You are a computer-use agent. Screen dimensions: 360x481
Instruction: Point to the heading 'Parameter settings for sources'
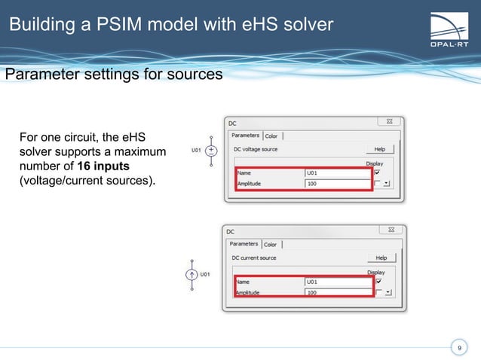(x=114, y=75)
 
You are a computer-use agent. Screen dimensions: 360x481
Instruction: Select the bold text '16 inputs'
(x=103, y=166)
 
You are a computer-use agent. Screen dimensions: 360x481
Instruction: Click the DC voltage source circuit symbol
(x=211, y=151)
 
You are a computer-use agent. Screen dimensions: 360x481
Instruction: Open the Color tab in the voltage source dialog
(x=271, y=136)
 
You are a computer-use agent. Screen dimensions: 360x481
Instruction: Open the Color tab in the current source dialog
(x=270, y=245)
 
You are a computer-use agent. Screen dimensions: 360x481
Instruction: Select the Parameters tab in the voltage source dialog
(x=245, y=136)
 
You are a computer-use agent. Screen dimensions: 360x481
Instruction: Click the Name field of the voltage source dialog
(x=337, y=172)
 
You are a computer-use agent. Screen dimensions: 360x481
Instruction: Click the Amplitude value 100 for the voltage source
(x=337, y=183)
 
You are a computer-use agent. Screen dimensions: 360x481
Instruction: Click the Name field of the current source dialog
(x=337, y=281)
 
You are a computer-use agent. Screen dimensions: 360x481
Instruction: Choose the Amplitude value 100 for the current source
(x=337, y=291)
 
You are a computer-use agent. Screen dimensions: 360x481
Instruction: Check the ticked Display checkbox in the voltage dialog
(x=377, y=172)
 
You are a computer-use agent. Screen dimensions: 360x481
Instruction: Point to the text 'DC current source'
(x=253, y=258)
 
